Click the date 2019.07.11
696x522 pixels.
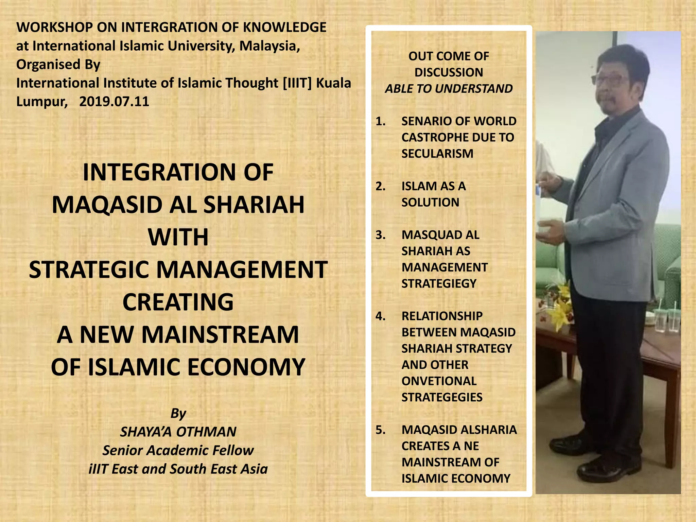[114, 102]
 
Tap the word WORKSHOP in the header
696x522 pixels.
[54, 27]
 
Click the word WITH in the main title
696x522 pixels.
[178, 237]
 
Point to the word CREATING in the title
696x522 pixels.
[178, 302]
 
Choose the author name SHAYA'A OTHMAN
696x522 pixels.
[178, 432]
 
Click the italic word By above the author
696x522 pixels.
[178, 413]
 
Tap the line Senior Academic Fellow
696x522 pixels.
[178, 450]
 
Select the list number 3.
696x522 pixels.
[380, 235]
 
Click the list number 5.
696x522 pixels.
[380, 430]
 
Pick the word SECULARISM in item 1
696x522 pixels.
[437, 154]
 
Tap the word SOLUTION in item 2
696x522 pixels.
[430, 203]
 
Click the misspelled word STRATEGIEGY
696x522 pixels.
[439, 284]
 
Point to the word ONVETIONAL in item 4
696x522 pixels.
[439, 381]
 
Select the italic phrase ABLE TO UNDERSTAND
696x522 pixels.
[449, 89]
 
